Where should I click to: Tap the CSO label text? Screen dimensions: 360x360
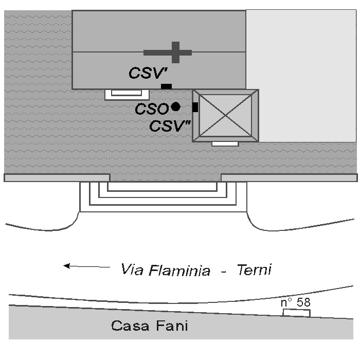point(151,109)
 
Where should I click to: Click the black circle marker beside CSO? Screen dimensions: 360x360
point(175,107)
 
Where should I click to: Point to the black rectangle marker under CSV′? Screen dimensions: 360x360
point(166,86)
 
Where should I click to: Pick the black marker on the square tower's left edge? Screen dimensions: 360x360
point(195,107)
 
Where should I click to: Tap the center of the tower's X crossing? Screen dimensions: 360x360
point(226,115)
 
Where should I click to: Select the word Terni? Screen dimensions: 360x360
point(254,269)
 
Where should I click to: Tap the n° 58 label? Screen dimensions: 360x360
point(296,302)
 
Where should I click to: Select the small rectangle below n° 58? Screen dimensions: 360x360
point(297,312)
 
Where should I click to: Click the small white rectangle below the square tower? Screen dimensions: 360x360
point(225,143)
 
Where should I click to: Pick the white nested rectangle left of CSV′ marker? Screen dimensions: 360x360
point(127,94)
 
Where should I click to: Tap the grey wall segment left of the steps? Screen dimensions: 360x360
point(57,178)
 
